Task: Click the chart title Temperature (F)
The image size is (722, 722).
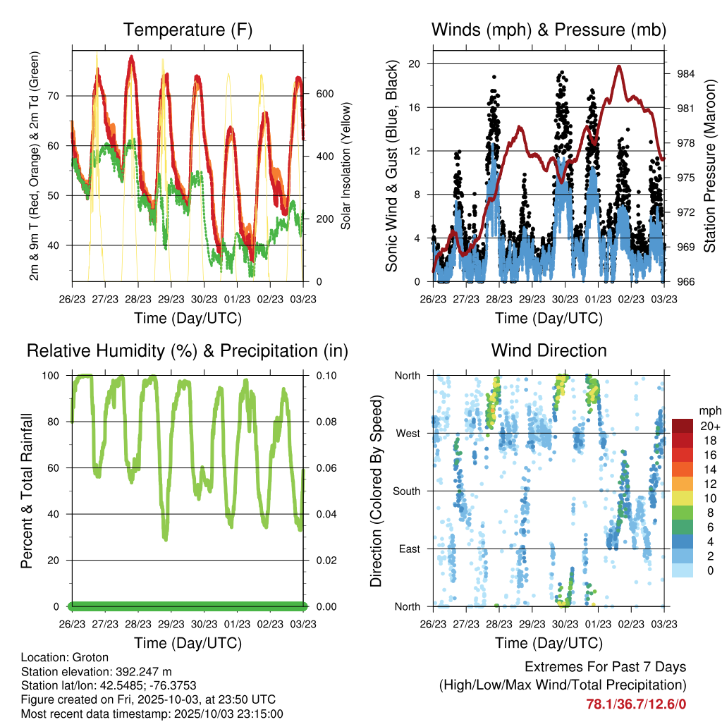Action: point(188,30)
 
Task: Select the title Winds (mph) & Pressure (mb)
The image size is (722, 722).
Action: point(549,30)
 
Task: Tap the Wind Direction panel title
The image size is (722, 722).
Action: point(549,350)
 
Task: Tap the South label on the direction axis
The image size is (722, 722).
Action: point(407,491)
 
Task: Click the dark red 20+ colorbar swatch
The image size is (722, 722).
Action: point(683,427)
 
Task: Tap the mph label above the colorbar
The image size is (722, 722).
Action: point(707,410)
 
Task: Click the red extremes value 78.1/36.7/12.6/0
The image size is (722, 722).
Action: point(636,704)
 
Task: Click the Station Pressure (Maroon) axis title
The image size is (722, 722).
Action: point(710,166)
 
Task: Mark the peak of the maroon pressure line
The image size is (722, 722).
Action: point(619,66)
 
